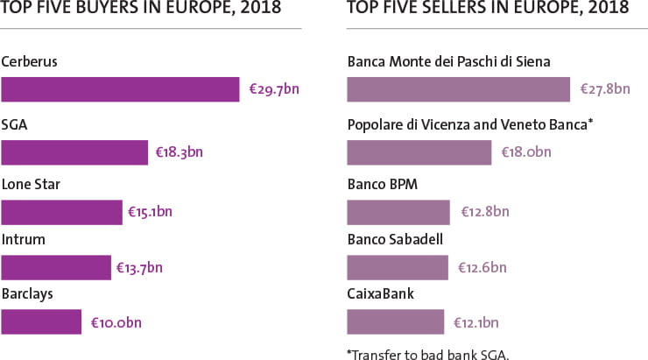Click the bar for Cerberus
(120, 90)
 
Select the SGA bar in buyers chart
(74, 152)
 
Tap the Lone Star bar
(61, 213)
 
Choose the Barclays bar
(41, 321)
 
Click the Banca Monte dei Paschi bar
(459, 90)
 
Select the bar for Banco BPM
(398, 213)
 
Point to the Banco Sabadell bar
(398, 266)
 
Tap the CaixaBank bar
(396, 321)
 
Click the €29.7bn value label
(274, 90)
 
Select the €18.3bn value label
(179, 152)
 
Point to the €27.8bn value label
(605, 90)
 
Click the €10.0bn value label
(116, 323)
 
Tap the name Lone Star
(31, 185)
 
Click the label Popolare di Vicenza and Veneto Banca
(470, 124)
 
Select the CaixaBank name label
(381, 293)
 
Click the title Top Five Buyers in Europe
(141, 9)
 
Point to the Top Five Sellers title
(488, 9)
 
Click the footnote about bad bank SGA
(428, 354)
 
